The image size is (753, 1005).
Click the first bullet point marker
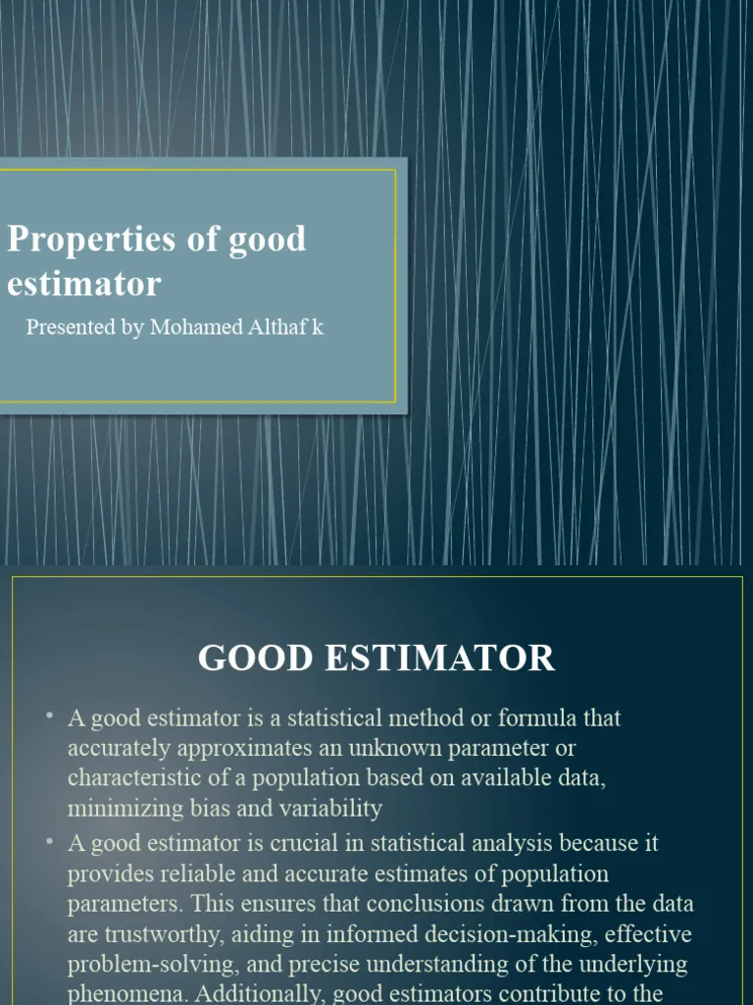(48, 716)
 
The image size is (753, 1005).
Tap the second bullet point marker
(48, 841)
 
